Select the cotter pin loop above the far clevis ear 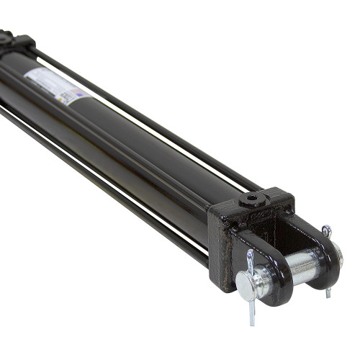coord(327,231)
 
